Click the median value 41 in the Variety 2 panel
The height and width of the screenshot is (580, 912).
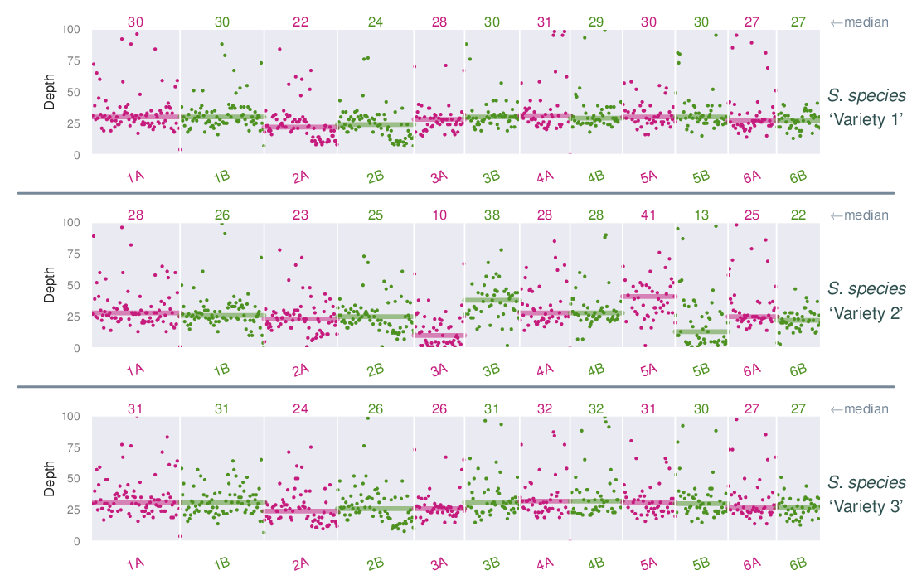[x=648, y=215]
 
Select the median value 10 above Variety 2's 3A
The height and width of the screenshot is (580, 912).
[x=439, y=215]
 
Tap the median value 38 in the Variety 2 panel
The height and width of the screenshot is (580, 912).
[x=492, y=215]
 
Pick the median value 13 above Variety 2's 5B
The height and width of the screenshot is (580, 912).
[x=701, y=215]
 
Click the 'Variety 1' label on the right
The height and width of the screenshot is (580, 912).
[x=866, y=118]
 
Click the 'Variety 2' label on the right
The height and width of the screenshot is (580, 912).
[x=866, y=312]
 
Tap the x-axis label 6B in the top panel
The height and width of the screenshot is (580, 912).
[x=798, y=176]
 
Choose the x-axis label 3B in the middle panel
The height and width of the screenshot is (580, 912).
[x=491, y=370]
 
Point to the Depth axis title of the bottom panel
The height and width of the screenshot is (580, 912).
[x=51, y=478]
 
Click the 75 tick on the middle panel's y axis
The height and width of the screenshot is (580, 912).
[x=72, y=254]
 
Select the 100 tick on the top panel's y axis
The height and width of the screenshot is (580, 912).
[x=70, y=30]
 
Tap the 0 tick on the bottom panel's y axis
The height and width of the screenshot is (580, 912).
[x=76, y=541]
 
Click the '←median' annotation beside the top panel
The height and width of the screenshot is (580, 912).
[x=859, y=22]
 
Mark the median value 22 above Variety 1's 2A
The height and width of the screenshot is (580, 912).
[x=300, y=22]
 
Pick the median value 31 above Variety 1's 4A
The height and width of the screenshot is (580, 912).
[x=544, y=22]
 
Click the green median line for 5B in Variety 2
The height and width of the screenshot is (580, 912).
[x=701, y=331]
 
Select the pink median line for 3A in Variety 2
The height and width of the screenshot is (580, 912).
[x=439, y=335]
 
